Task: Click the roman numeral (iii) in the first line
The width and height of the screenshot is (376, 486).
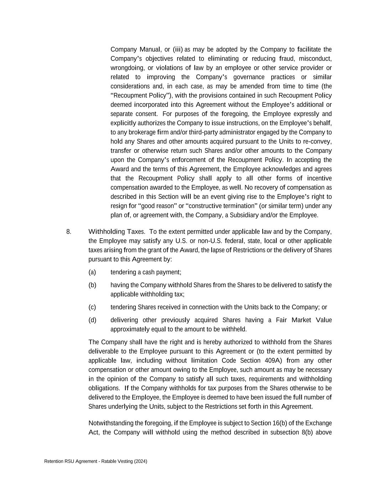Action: point(178,49)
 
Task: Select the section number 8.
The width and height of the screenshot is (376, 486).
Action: point(68,232)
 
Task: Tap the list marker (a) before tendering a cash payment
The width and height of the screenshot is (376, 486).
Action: point(92,272)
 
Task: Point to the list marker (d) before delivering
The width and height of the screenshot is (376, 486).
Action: point(92,320)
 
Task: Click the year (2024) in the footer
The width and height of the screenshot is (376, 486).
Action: point(141,461)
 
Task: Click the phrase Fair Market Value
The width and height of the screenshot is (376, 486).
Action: point(304,320)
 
